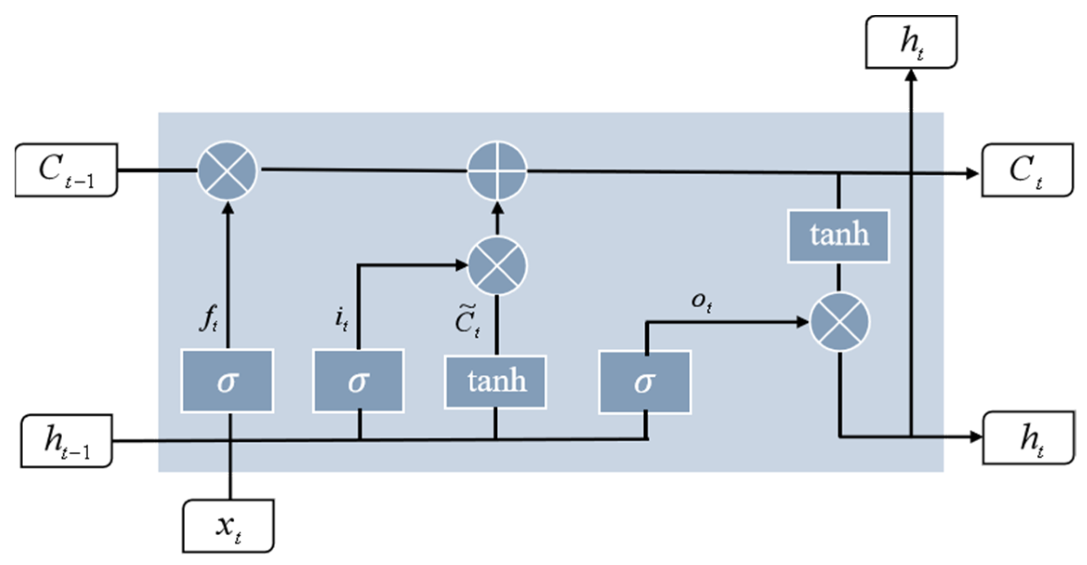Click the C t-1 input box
pos(66,170)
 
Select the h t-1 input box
pos(66,441)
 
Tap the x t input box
pos(228,526)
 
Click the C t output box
pos(1028,170)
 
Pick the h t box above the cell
pos(911,42)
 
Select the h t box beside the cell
pos(1028,438)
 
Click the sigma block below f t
pos(227,381)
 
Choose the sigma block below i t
pos(358,381)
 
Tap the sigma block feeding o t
pos(645,382)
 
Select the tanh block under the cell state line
pos(838,236)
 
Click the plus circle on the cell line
pos(497,171)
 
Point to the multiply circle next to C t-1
pos(227,171)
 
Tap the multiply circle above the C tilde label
pos(497,266)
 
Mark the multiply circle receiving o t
pos(839,322)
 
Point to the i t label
pos(342,319)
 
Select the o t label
pos(702,302)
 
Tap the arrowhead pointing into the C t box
pos(972,173)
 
